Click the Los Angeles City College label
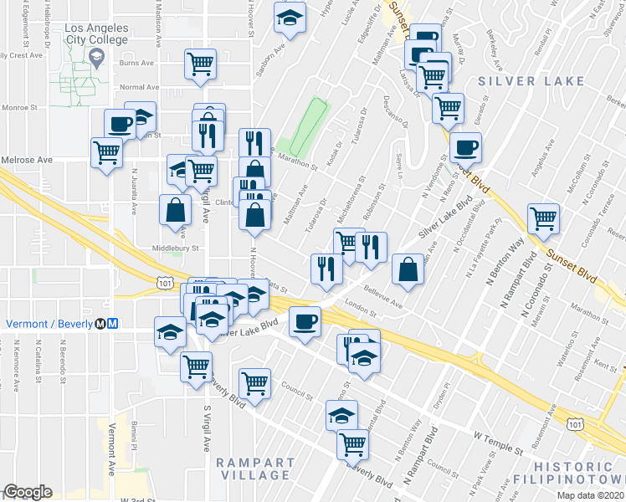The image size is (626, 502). pos(96,33)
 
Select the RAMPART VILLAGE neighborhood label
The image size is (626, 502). pos(256,469)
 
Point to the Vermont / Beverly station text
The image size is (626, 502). pos(50,324)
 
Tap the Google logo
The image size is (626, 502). pos(28,493)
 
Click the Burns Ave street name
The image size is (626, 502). pos(138,63)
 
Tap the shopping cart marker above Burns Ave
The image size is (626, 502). pos(200,64)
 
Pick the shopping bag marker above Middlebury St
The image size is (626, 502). pos(176,210)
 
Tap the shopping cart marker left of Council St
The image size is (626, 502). pos(254,383)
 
